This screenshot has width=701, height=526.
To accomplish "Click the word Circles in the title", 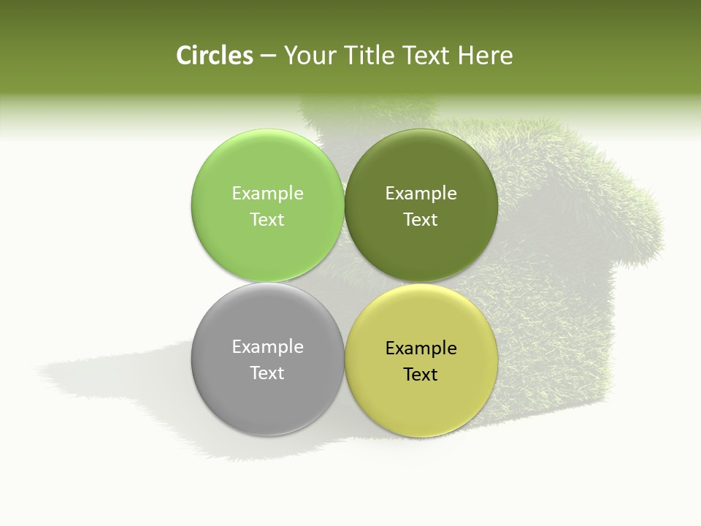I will pyautogui.click(x=214, y=56).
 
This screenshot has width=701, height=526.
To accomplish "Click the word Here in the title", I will pyautogui.click(x=486, y=56).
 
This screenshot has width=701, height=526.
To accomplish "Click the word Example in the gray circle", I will pyautogui.click(x=267, y=347).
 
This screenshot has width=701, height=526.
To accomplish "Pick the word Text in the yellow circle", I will pyautogui.click(x=421, y=375).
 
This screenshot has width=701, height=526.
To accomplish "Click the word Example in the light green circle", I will pyautogui.click(x=267, y=194).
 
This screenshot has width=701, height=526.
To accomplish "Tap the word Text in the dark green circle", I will pyautogui.click(x=421, y=220).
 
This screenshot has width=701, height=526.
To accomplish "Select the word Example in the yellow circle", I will pyautogui.click(x=421, y=348).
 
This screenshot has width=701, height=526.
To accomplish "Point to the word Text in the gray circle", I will pyautogui.click(x=267, y=373).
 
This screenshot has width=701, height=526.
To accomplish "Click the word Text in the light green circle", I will pyautogui.click(x=267, y=220).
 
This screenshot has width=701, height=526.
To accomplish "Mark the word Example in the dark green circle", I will pyautogui.click(x=421, y=194).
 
